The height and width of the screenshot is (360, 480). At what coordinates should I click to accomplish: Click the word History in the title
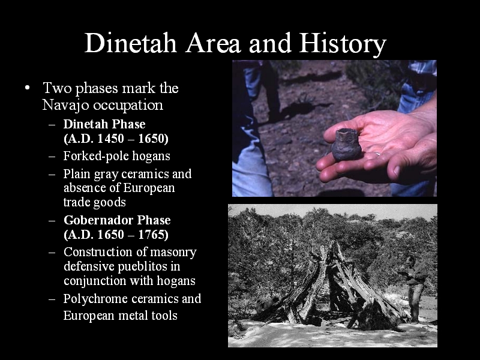click(343, 43)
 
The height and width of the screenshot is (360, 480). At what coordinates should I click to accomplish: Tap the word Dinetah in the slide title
click(131, 43)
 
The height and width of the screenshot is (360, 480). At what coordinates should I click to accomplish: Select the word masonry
click(173, 252)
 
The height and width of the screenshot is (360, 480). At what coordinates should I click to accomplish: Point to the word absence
click(85, 188)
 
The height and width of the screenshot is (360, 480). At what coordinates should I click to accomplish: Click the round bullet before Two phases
click(28, 88)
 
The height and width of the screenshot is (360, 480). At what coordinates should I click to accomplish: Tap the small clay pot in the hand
click(346, 145)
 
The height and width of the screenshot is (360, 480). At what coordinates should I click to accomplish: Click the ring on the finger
click(378, 154)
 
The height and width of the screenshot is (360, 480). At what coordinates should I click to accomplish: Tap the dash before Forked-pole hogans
click(52, 157)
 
